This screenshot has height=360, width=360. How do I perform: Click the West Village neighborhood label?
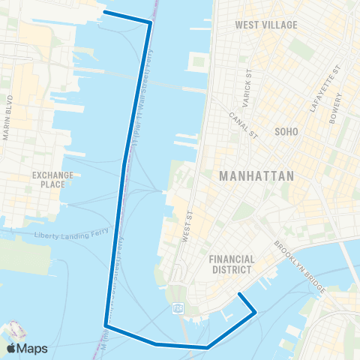coord(266,25)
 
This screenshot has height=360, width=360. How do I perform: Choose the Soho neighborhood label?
coord(286,131)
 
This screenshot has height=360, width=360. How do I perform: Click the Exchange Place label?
coord(52,179)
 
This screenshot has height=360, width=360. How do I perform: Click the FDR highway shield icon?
coord(178,307)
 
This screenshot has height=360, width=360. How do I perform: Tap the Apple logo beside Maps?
coord(10,348)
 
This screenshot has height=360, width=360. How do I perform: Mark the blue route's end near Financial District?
coord(238,294)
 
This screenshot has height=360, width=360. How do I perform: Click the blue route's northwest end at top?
coord(103,12)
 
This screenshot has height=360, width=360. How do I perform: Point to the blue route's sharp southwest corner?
coord(106,325)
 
